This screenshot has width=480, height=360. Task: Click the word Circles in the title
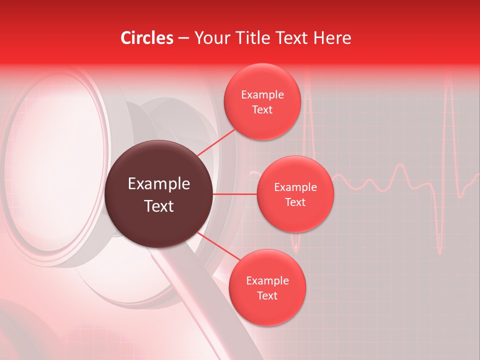point(147,38)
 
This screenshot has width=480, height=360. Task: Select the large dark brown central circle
point(159,194)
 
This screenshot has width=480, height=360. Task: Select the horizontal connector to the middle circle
point(235,194)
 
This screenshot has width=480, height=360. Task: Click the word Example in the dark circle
point(159,184)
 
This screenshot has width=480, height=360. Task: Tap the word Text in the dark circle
point(159,206)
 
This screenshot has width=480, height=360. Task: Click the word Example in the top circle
point(262,95)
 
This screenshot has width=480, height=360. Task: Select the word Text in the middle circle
point(295,202)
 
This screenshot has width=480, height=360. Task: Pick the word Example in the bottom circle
point(267,280)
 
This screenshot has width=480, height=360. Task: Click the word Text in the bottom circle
point(267,295)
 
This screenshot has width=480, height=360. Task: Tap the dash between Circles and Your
point(183,38)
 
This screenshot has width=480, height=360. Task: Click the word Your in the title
point(210,38)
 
